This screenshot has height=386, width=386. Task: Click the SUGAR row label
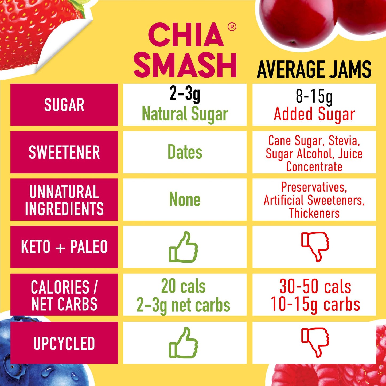(x=64, y=105)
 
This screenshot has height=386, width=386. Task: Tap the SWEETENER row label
(x=64, y=152)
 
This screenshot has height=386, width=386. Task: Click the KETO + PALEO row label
(x=64, y=247)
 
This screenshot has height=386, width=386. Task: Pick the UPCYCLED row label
(x=64, y=343)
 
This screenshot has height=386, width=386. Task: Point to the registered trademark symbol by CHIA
(x=232, y=27)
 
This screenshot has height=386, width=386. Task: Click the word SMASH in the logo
(x=185, y=65)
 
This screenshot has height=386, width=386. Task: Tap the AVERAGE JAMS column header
(x=314, y=69)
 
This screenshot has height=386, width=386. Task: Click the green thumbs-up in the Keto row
(x=184, y=247)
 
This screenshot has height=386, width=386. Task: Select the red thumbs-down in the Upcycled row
(x=315, y=342)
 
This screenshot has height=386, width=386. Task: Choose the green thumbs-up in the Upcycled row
(x=184, y=343)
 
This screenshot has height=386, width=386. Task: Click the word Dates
(x=185, y=152)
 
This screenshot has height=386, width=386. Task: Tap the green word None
(x=185, y=200)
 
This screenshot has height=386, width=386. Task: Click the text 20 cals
(x=184, y=286)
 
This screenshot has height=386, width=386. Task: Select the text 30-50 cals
(x=315, y=286)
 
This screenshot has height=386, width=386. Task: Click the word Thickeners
(x=314, y=213)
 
